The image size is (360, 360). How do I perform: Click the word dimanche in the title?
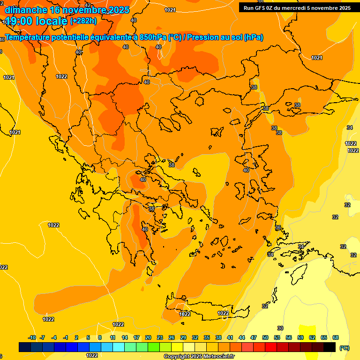26,10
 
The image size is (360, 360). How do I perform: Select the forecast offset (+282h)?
83,21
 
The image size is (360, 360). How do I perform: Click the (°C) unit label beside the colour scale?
344,347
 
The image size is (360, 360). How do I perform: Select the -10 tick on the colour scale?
32,337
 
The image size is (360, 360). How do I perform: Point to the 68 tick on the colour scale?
336,337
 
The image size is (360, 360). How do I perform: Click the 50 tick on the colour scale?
265,337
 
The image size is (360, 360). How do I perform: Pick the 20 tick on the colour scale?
148,337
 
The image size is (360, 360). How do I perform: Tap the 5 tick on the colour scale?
88,337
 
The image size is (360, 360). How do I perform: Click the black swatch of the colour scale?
330,347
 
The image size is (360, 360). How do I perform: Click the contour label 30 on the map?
280,328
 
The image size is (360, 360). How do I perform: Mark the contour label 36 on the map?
278,227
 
